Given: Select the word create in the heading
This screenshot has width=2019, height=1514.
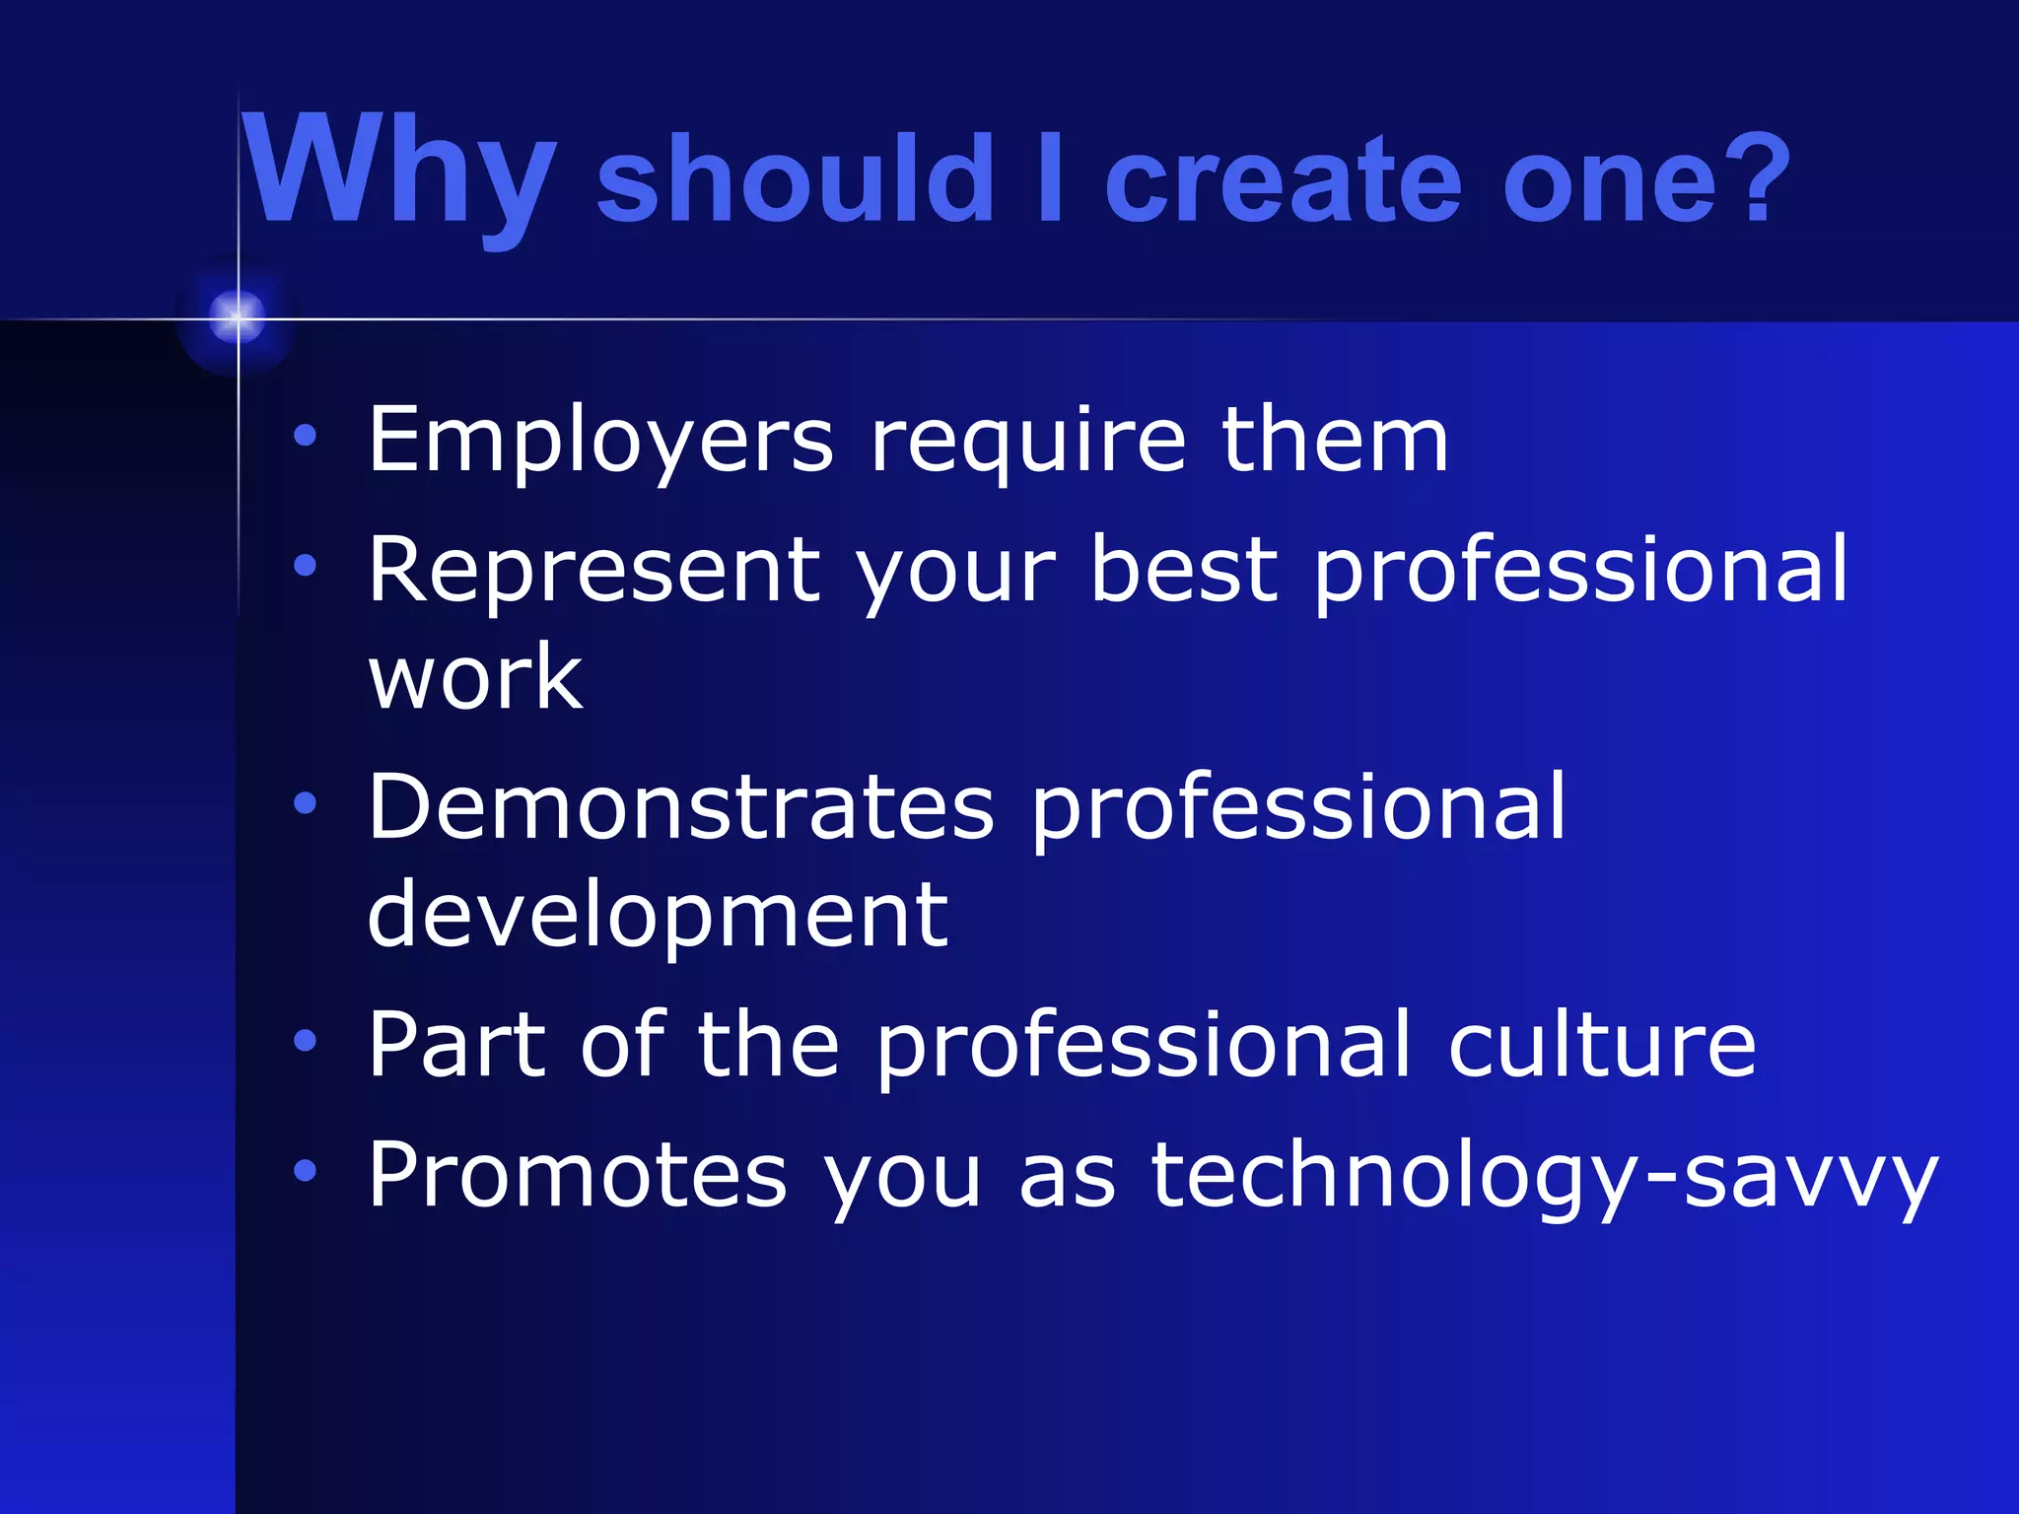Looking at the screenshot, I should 1282,180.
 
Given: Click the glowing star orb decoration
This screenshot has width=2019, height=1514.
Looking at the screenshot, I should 237,317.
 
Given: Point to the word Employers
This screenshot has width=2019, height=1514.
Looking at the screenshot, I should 600,441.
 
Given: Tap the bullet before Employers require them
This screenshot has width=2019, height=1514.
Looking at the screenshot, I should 306,435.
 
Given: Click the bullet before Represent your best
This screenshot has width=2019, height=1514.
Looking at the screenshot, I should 306,566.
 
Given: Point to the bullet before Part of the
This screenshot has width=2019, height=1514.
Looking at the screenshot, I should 306,1040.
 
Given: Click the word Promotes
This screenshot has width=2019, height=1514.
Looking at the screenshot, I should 577,1174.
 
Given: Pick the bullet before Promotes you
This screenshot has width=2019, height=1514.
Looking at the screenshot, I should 306,1170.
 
